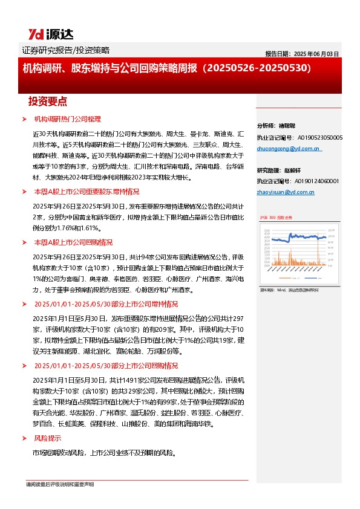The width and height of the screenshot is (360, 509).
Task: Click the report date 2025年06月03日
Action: (x=302, y=54)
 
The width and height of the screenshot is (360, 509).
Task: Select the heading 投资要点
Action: (x=47, y=101)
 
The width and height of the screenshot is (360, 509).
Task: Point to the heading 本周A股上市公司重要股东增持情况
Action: (x=87, y=191)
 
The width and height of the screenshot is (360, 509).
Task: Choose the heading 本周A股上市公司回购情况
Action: (x=73, y=242)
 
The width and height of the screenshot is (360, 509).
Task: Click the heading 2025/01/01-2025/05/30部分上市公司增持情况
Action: (x=106, y=304)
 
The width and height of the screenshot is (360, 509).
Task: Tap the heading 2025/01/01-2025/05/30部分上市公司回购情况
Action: (x=106, y=366)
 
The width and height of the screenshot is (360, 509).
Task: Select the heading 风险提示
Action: (x=47, y=438)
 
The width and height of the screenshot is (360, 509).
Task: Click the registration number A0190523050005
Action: (x=316, y=137)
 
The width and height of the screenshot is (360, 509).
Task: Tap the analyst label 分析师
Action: (x=266, y=126)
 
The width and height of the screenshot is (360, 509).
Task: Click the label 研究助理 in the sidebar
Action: (x=269, y=170)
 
